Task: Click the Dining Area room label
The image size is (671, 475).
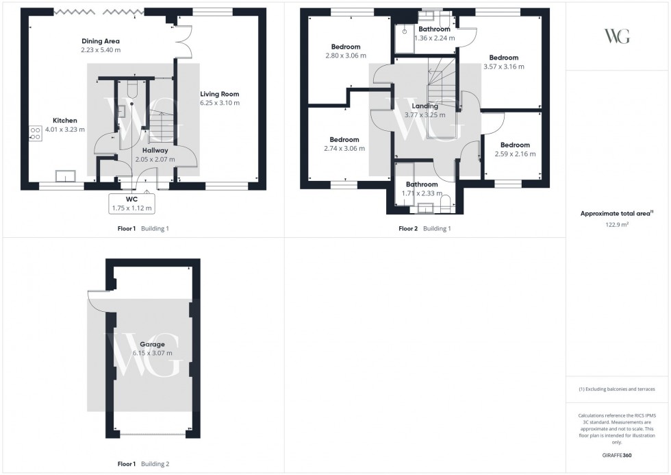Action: coord(100,41)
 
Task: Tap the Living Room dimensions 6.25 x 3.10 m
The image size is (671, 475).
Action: coord(220,103)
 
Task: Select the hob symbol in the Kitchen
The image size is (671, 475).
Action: coord(36,133)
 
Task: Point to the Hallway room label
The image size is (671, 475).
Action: coord(155,150)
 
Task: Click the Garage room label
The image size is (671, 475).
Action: coord(152,344)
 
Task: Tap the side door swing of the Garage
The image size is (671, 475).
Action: coord(97,300)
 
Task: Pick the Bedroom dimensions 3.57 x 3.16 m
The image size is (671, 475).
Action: coord(503,66)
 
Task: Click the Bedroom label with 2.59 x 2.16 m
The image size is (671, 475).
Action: coord(514,145)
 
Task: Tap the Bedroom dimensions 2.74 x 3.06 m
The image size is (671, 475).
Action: coord(344,148)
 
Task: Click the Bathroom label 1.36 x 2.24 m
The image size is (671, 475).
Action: coord(434,29)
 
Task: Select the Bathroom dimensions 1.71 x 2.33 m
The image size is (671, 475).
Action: coord(421,194)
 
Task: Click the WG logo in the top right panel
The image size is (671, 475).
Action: coord(617,36)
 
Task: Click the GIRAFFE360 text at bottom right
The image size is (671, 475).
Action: coord(617,455)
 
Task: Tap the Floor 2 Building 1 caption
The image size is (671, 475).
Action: coord(425,229)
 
